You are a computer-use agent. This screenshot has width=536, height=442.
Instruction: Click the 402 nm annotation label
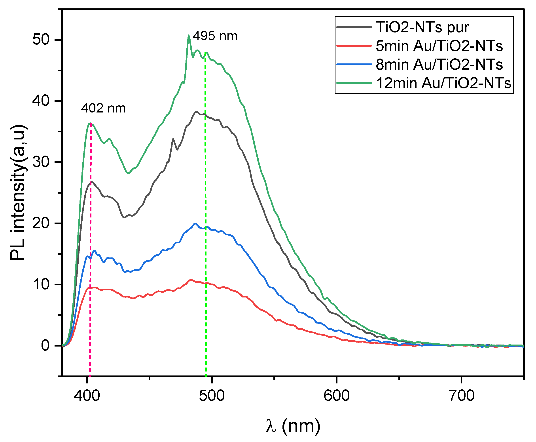coord(103,109)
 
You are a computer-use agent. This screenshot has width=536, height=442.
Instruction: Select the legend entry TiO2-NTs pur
coord(422,27)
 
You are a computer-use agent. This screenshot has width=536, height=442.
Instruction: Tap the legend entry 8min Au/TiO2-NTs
coord(439,64)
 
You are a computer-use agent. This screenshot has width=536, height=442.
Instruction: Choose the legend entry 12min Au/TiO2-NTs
coord(443,83)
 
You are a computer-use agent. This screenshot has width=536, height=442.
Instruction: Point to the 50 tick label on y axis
coord(41,40)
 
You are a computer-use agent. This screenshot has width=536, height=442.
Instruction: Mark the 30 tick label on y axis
coord(41,162)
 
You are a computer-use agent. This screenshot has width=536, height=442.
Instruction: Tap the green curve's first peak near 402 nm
coord(90,124)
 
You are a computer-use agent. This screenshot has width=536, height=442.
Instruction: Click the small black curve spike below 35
coord(173,139)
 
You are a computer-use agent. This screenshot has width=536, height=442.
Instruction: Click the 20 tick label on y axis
coord(41,223)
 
